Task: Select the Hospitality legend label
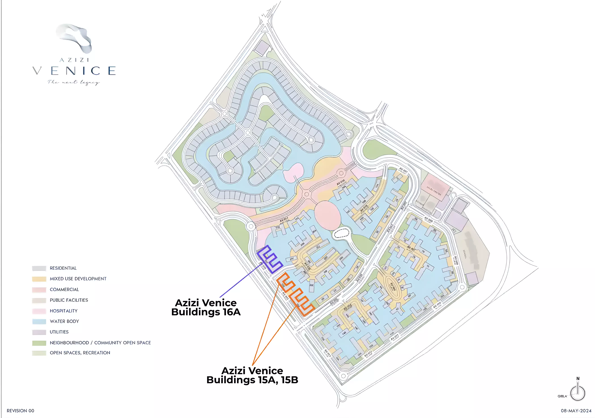click(63, 311)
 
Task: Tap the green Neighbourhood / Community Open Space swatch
click(39, 343)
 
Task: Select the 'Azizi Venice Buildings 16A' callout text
click(206, 307)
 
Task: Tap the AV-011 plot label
click(394, 337)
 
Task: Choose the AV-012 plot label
click(368, 353)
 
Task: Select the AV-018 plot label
click(341, 182)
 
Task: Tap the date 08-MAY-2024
click(576, 411)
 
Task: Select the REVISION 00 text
click(21, 411)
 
